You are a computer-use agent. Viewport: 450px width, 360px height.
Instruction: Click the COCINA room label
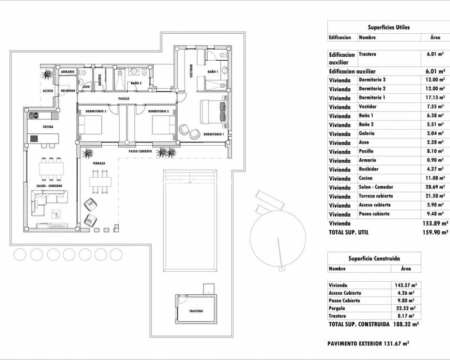[x=48, y=127]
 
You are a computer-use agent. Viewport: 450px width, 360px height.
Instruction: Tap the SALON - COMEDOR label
[x=49, y=186]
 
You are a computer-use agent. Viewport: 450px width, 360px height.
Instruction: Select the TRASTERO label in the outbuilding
[x=196, y=311]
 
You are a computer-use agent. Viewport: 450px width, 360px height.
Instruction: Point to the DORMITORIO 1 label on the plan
[x=214, y=134]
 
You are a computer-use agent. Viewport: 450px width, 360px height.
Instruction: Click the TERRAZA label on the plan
[x=99, y=163]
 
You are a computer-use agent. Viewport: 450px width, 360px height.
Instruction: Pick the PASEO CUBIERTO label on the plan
[x=140, y=151]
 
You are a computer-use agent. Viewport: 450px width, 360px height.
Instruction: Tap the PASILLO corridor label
[x=124, y=98]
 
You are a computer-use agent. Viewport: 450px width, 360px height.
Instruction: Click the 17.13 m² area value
[x=435, y=98]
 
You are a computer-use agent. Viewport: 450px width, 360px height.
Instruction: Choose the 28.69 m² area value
[x=435, y=187]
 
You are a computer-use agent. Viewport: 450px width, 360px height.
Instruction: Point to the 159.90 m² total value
[x=436, y=232]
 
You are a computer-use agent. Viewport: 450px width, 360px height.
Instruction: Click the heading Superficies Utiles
[x=389, y=27]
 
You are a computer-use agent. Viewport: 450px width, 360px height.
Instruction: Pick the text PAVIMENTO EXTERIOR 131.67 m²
[x=367, y=343]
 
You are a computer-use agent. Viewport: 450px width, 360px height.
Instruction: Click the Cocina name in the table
[x=367, y=178]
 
